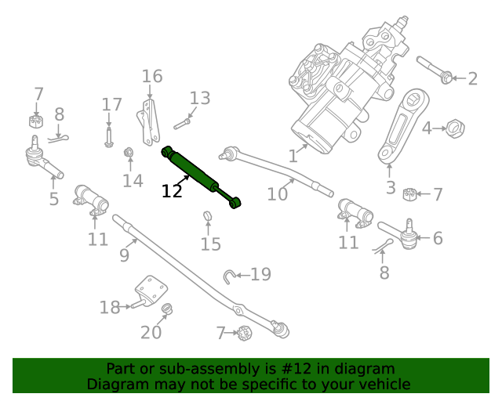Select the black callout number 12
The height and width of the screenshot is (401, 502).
click(x=172, y=190)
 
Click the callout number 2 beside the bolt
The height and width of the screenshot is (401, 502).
click(x=472, y=78)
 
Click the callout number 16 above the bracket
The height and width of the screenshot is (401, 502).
click(x=152, y=76)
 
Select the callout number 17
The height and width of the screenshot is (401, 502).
click(x=112, y=104)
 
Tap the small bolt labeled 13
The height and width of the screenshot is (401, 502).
click(x=181, y=121)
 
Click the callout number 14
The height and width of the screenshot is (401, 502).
click(x=133, y=181)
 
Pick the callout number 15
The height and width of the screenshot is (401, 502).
click(x=210, y=244)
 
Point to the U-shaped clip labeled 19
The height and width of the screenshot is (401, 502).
click(x=228, y=274)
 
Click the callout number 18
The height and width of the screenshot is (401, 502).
click(x=110, y=307)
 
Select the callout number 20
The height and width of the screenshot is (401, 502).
click(x=151, y=332)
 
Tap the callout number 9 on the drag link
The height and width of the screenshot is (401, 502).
click(x=124, y=255)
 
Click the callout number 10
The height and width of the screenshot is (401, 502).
click(x=278, y=193)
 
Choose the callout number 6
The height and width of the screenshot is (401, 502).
click(x=438, y=238)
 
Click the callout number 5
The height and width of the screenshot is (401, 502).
click(x=53, y=199)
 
